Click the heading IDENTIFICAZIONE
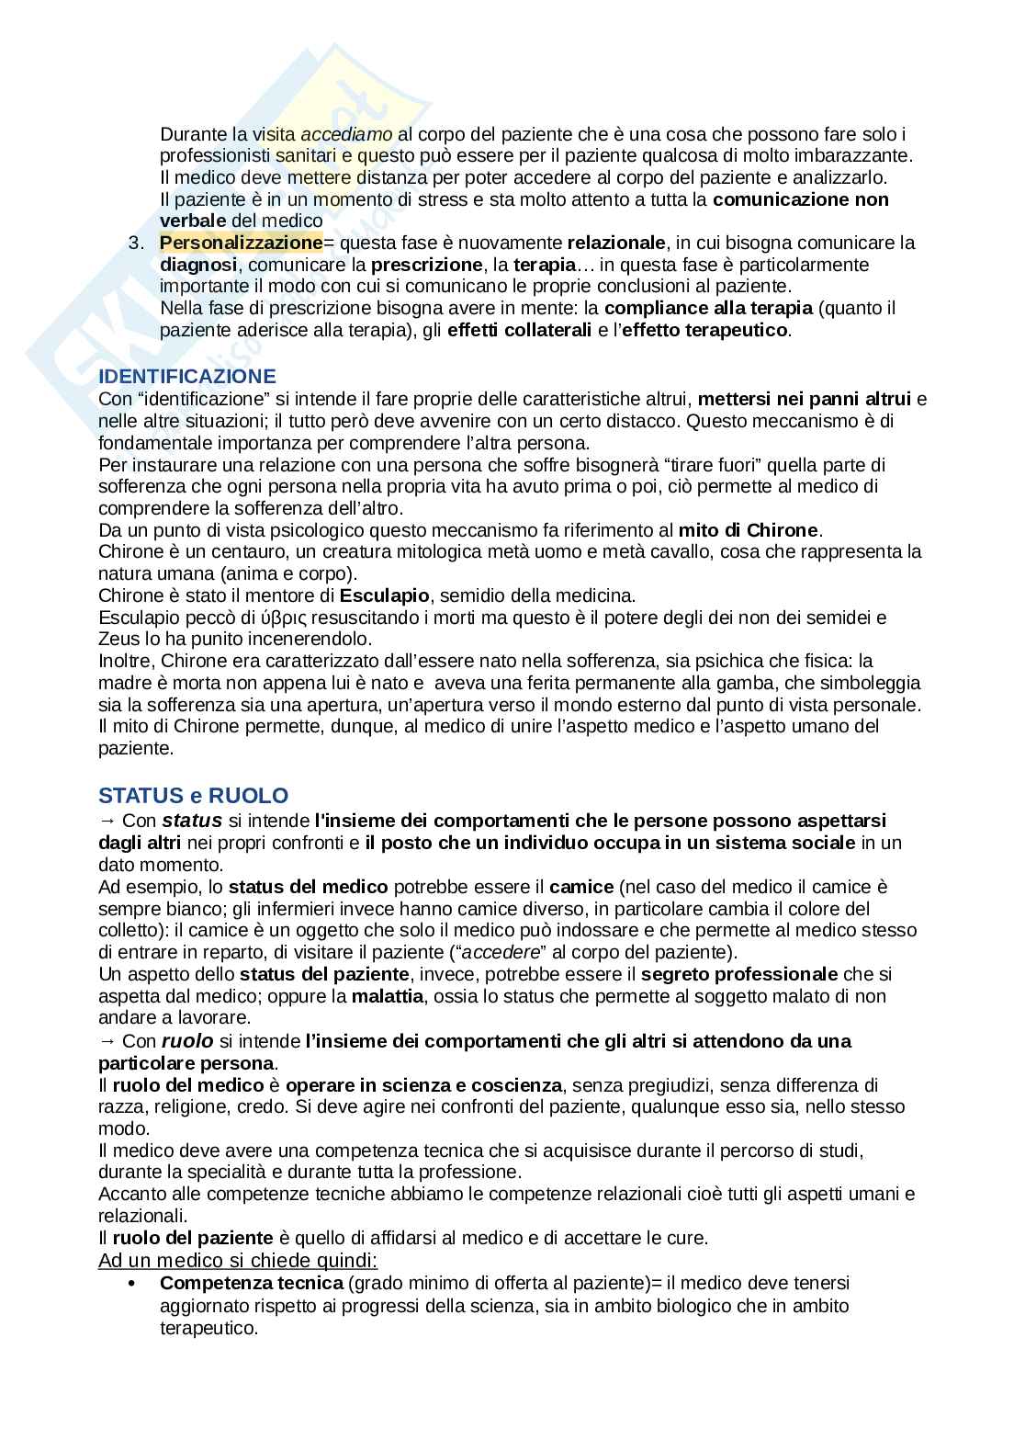click(x=186, y=376)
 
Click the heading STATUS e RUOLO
click(x=193, y=795)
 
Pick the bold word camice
click(x=580, y=887)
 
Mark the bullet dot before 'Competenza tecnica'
click(x=133, y=1283)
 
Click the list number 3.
click(x=137, y=244)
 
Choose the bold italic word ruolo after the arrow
click(x=187, y=1040)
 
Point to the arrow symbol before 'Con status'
click(x=107, y=821)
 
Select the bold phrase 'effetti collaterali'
click(x=519, y=330)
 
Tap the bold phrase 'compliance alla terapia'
click(x=708, y=308)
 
